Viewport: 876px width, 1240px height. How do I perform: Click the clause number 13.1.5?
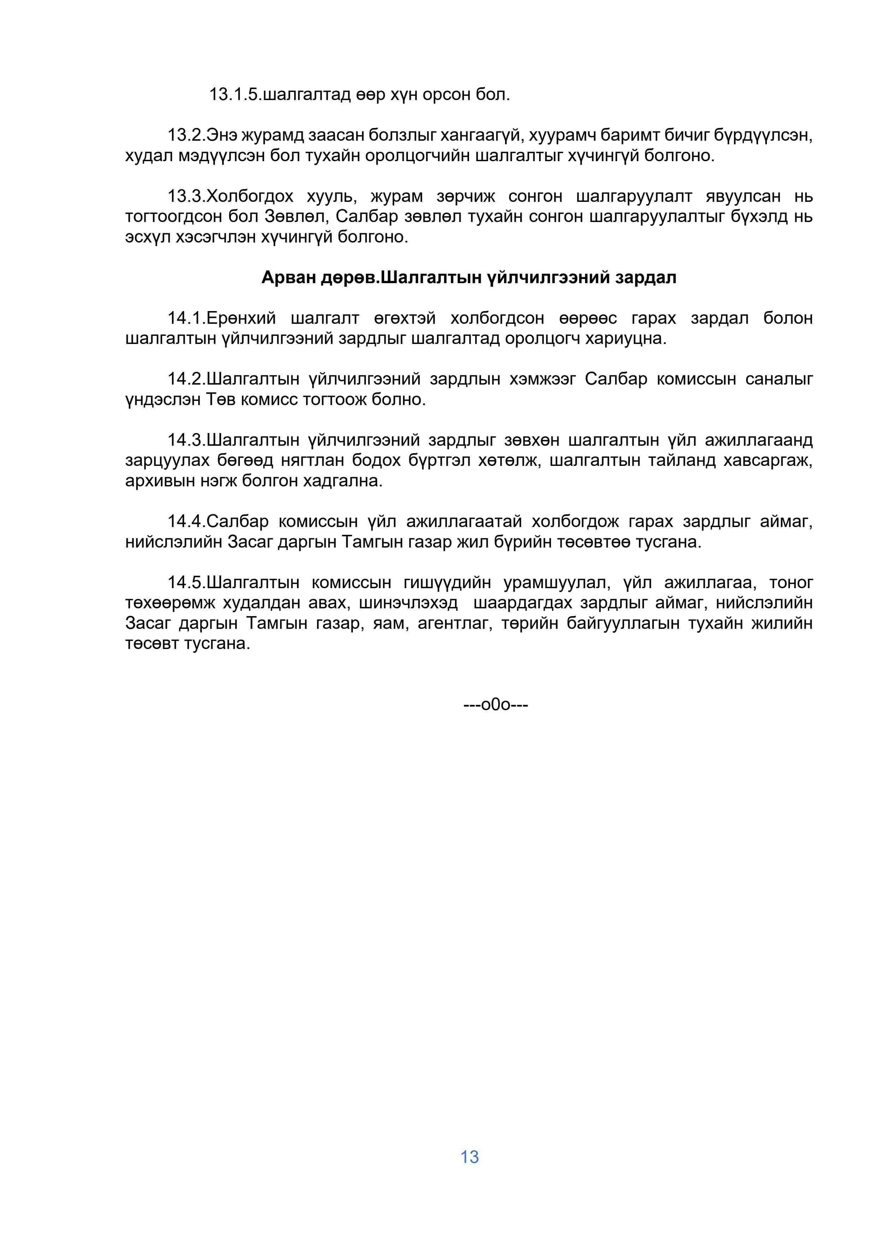235,95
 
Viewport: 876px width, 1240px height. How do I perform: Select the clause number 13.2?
186,135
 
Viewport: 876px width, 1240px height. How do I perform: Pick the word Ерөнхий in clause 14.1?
241,318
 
